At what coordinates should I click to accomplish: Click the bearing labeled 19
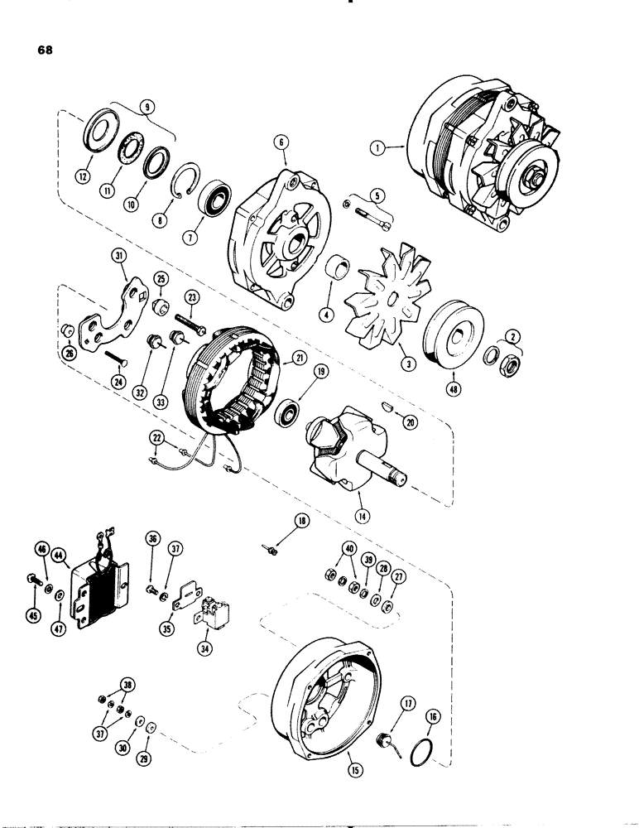[289, 410]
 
